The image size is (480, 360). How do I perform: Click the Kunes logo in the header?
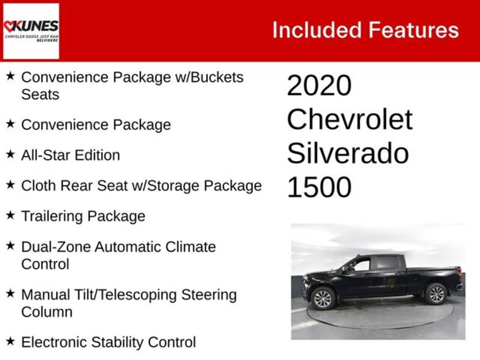pyautogui.click(x=31, y=31)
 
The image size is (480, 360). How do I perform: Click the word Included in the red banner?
pyautogui.click(x=317, y=30)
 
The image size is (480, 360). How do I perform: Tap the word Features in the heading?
pyautogui.click(x=413, y=30)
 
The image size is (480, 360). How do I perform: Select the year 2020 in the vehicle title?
pyautogui.click(x=319, y=85)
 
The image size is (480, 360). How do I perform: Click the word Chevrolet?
pyautogui.click(x=350, y=120)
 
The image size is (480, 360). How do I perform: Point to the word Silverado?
pyautogui.click(x=348, y=153)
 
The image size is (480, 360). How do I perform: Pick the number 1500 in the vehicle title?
pyautogui.click(x=319, y=187)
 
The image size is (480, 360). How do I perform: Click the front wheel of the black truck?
pyautogui.click(x=323, y=299)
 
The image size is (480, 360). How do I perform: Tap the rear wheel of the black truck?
pyautogui.click(x=436, y=294)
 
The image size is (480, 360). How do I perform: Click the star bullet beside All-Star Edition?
pyautogui.click(x=10, y=154)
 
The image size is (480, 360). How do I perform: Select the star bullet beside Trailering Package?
pyautogui.click(x=10, y=215)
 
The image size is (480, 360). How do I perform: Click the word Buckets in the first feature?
pyautogui.click(x=217, y=77)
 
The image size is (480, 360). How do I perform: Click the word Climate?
pyautogui.click(x=190, y=247)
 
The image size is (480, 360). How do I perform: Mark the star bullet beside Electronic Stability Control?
pyautogui.click(x=10, y=341)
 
